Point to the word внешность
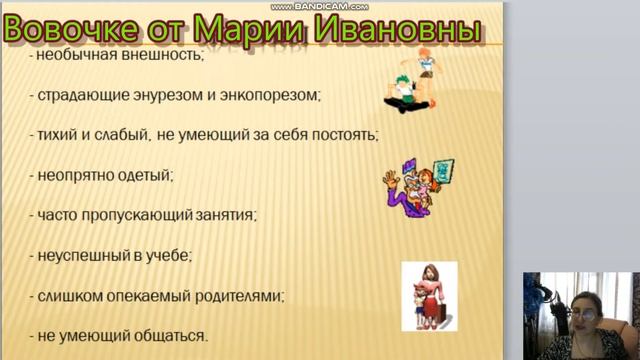(164, 56)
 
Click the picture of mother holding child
(427, 296)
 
